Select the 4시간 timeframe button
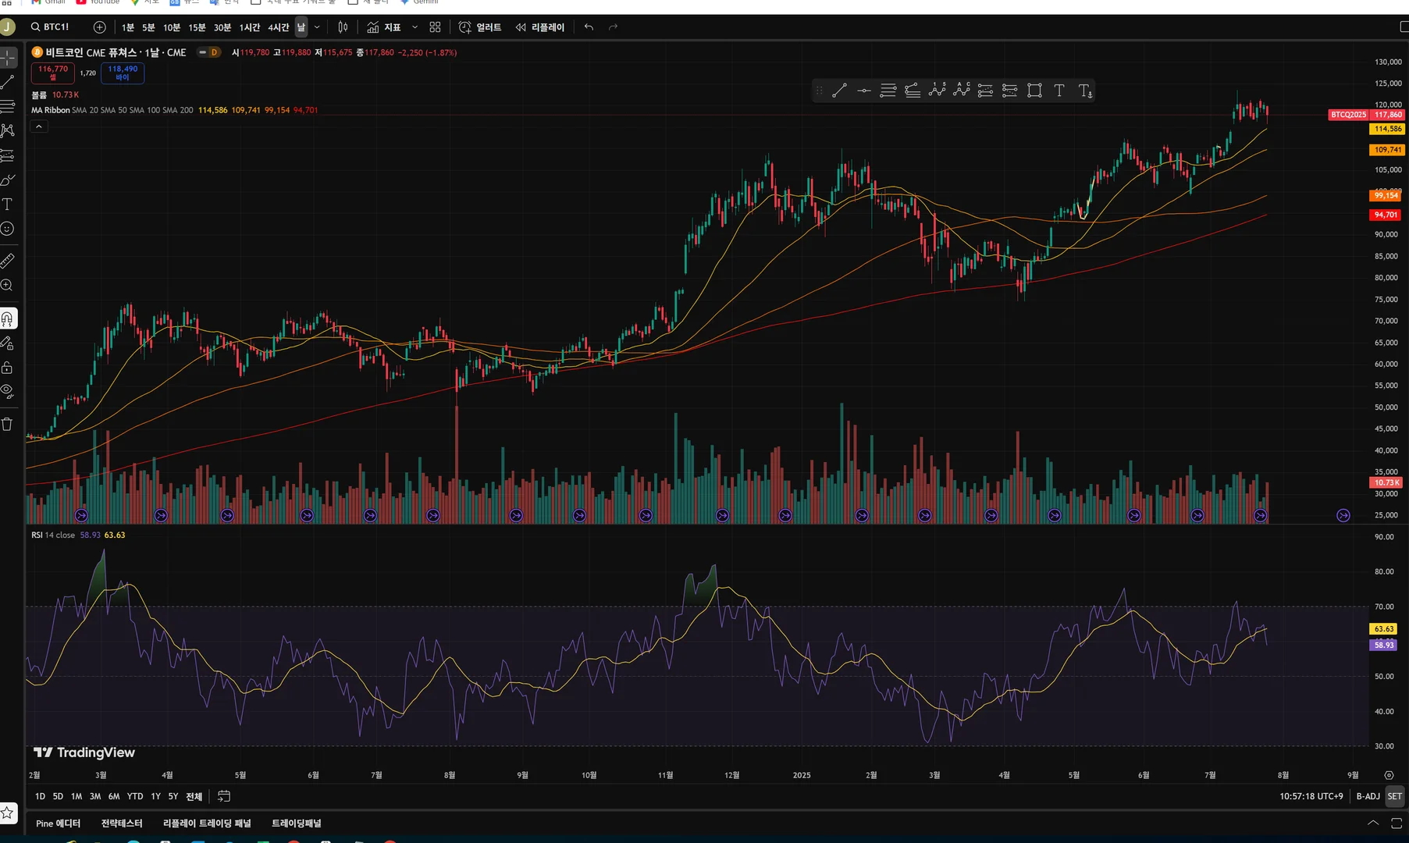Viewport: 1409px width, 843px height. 278,27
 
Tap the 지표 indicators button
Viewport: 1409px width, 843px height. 384,27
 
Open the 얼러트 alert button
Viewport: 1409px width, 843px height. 480,27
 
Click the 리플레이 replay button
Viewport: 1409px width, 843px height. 540,27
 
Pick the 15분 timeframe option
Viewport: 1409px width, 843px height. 197,27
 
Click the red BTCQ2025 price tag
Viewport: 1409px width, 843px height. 1348,115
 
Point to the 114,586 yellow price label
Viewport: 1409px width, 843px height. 1387,129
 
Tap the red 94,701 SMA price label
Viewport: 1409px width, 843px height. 1386,215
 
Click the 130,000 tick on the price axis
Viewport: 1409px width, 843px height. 1388,62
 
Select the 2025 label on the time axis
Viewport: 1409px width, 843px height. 802,775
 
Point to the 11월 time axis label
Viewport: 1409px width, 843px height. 665,775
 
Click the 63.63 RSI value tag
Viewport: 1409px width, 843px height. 1384,629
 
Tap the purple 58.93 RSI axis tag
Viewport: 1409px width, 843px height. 1384,645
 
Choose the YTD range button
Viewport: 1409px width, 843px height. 135,796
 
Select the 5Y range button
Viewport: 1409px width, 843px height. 173,796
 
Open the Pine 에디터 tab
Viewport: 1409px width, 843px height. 58,823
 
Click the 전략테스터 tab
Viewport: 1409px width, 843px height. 122,823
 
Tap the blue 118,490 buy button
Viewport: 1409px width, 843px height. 123,73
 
